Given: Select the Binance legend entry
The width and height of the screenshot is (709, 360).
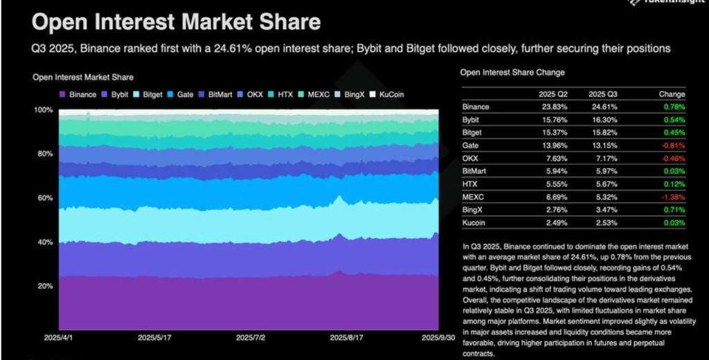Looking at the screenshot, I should [78, 94].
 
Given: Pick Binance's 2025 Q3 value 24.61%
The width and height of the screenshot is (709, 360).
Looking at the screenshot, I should [602, 107].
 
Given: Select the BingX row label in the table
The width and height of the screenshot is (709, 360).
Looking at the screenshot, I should [473, 210].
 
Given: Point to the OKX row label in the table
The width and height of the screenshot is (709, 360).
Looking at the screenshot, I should [470, 159].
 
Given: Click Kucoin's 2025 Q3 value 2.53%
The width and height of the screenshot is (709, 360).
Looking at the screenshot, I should [602, 223].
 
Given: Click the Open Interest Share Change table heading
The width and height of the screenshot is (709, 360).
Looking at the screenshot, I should [512, 73].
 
